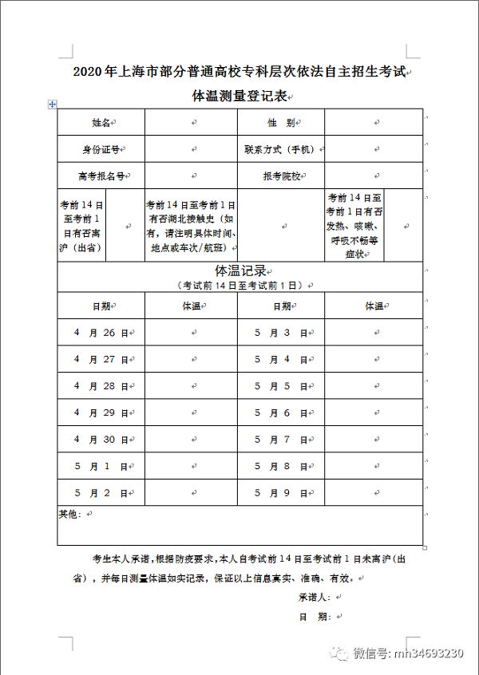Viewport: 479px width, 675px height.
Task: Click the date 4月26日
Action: pos(101,333)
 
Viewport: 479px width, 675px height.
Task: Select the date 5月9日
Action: pos(281,493)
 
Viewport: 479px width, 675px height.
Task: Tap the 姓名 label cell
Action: pos(101,123)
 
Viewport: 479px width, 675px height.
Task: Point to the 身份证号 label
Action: pos(101,149)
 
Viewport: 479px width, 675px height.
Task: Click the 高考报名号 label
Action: pos(101,176)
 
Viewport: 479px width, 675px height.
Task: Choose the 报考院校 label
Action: pos(279,176)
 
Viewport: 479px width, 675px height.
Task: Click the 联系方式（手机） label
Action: pos(280,149)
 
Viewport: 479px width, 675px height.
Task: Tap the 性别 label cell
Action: pos(280,123)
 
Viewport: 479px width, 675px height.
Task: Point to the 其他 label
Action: pos(70,514)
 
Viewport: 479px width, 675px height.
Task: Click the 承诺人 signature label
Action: pos(315,597)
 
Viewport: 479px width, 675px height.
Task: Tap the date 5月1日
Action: pos(101,466)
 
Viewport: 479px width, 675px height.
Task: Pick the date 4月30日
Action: pos(101,440)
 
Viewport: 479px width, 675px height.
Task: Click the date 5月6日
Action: pos(281,412)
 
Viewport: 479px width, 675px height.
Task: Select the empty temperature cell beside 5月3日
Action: pos(374,333)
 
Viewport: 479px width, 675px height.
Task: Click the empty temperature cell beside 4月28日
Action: pos(192,386)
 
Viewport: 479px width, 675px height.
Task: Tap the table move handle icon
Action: pos(52,105)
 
